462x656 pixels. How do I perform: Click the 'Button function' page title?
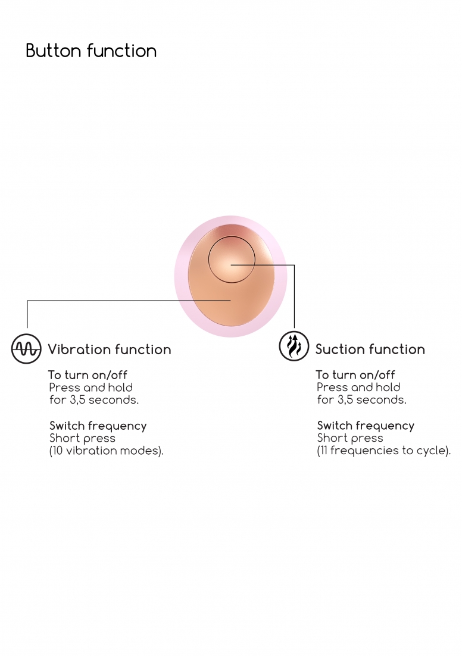coord(91,51)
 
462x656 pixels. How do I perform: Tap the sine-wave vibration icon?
coord(26,349)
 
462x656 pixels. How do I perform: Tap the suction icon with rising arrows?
coord(294,346)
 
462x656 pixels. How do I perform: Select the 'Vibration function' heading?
coord(109,349)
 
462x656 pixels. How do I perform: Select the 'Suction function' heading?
coord(370,349)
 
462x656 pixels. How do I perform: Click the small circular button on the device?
coord(232,260)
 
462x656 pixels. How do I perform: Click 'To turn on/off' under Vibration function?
coord(88,375)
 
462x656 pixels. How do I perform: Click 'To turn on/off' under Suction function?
coord(355,375)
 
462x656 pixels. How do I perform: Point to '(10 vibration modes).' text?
coord(106,451)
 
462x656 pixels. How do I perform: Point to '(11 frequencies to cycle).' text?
coord(383,451)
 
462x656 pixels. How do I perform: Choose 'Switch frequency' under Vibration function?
coord(98,426)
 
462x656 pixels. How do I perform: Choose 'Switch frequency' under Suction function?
coord(366,426)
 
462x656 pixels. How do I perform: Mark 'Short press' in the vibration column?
coord(82,438)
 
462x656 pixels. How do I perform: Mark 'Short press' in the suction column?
coord(350,438)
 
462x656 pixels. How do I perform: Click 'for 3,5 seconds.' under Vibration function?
coord(93,400)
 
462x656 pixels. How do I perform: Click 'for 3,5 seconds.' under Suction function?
coord(361,400)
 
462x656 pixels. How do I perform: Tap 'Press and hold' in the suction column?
coord(358,388)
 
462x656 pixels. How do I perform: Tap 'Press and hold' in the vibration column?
coord(90,388)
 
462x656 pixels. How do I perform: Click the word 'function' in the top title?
coord(121,51)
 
